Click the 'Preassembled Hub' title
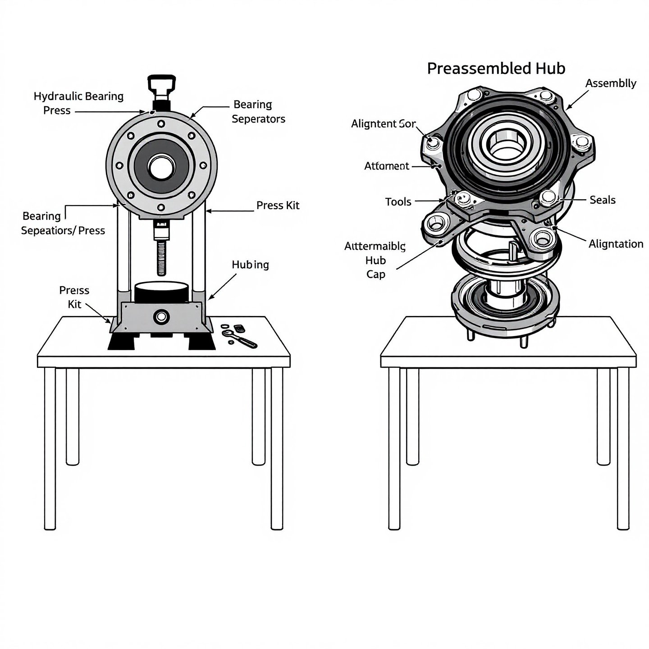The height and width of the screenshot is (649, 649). point(496,69)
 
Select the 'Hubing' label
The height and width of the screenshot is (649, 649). point(250,265)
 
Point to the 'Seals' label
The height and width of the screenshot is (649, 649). point(602,200)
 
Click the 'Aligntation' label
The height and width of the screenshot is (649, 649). point(616,244)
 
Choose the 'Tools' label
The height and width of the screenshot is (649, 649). point(398,201)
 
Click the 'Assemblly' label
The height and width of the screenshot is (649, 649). point(611,83)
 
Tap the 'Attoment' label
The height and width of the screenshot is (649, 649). point(386,166)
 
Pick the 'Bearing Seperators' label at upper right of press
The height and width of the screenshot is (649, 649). point(258,112)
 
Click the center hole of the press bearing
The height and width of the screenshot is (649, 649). point(161,168)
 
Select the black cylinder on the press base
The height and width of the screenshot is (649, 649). point(161,292)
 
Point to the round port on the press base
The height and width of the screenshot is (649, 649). point(160,317)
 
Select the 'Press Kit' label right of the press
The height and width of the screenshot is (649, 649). point(278,206)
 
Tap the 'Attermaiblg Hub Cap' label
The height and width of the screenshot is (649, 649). point(375,260)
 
